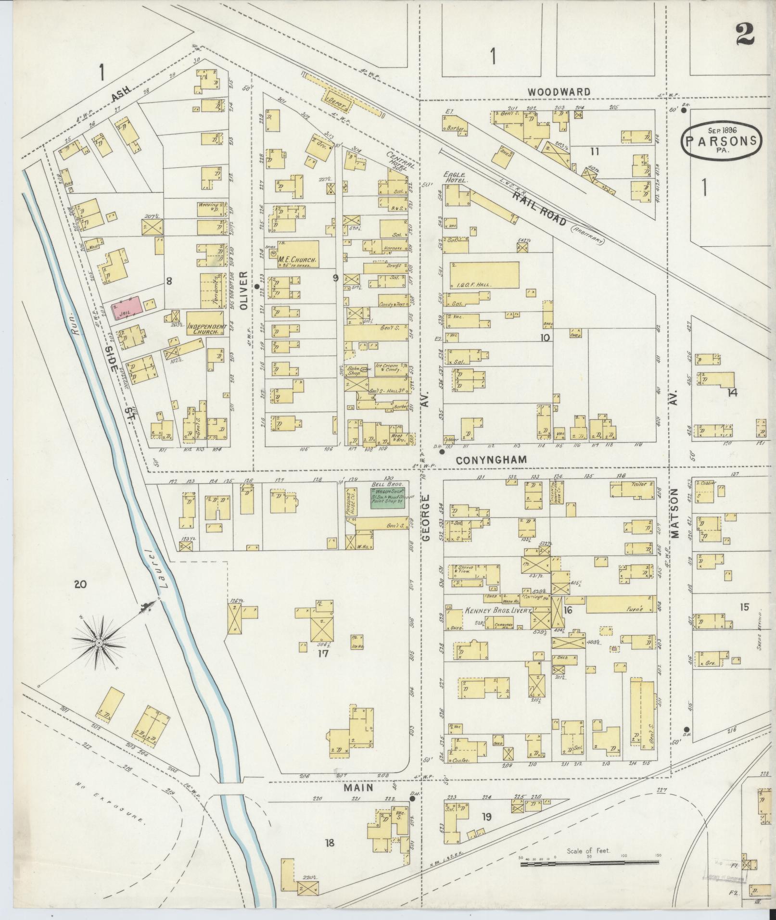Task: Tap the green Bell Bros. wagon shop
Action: (387, 497)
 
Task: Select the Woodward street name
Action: (558, 92)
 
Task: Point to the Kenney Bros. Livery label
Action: (497, 611)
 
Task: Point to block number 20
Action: (80, 584)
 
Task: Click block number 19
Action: (487, 817)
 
